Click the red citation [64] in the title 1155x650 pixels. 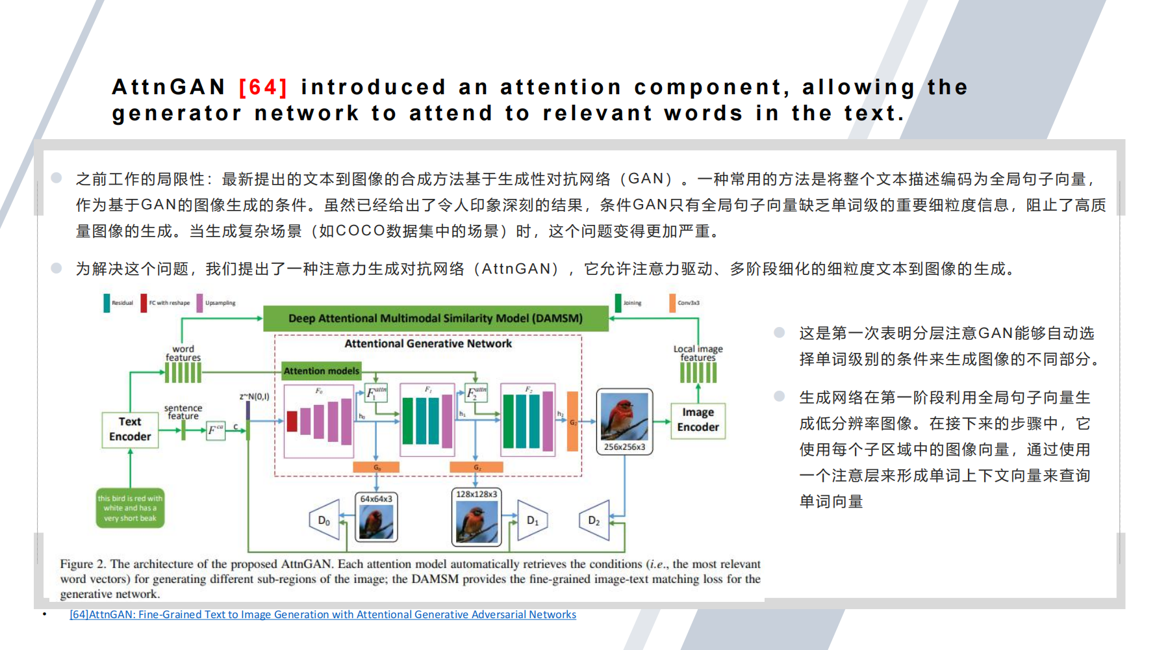pyautogui.click(x=263, y=87)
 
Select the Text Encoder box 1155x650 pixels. pyautogui.click(x=130, y=430)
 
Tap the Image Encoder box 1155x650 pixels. pyautogui.click(x=698, y=420)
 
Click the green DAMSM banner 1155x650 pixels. pyautogui.click(x=435, y=318)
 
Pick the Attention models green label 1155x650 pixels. pyautogui.click(x=321, y=371)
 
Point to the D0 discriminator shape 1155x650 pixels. pyautogui.click(x=325, y=520)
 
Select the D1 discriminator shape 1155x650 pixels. pyautogui.click(x=532, y=520)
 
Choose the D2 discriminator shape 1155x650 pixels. pyautogui.click(x=595, y=520)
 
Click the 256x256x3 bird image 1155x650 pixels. pyautogui.click(x=624, y=417)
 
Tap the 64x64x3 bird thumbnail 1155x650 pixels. pyautogui.click(x=376, y=522)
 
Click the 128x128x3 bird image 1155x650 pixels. pyautogui.click(x=476, y=522)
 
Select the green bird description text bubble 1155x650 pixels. pyautogui.click(x=130, y=508)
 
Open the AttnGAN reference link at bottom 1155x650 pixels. pyautogui.click(x=323, y=614)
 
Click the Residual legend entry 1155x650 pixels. pyautogui.click(x=118, y=303)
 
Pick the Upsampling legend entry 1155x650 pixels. pyautogui.click(x=216, y=303)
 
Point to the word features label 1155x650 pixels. pyautogui.click(x=183, y=353)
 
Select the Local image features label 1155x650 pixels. pyautogui.click(x=698, y=353)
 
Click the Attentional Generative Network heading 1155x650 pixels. pyautogui.click(x=428, y=343)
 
